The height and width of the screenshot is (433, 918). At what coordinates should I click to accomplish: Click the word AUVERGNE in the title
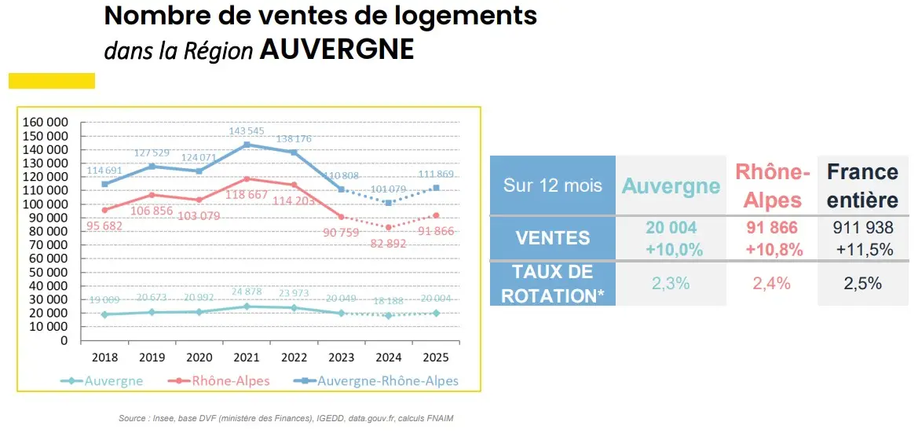click(x=336, y=50)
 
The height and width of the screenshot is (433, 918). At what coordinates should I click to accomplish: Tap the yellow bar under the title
click(x=52, y=80)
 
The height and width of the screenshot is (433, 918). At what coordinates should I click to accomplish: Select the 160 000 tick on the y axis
click(x=46, y=123)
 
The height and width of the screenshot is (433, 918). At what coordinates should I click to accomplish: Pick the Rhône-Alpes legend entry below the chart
click(x=219, y=381)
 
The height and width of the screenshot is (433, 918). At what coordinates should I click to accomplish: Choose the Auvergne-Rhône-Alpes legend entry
click(x=378, y=381)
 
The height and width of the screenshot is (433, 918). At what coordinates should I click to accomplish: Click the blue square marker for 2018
click(x=104, y=184)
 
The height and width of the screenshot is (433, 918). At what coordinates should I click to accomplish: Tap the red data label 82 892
click(x=386, y=244)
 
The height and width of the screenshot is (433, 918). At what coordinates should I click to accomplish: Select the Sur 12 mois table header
click(x=552, y=185)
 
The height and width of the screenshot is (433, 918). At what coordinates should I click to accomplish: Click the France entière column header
click(x=862, y=185)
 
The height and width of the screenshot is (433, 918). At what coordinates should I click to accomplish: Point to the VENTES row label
click(x=552, y=238)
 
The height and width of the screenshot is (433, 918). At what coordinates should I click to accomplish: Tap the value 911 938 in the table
click(x=862, y=228)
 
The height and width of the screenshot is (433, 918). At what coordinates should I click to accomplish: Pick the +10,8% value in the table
click(x=772, y=249)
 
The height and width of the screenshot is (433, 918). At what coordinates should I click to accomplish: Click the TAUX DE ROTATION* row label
click(x=552, y=283)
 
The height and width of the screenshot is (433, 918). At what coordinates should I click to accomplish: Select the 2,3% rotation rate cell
click(x=670, y=284)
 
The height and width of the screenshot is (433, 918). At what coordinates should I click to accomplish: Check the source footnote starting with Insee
click(x=286, y=419)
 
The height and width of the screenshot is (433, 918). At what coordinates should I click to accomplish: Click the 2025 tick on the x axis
click(x=435, y=357)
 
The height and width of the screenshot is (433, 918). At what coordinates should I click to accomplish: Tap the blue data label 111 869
click(x=437, y=174)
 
